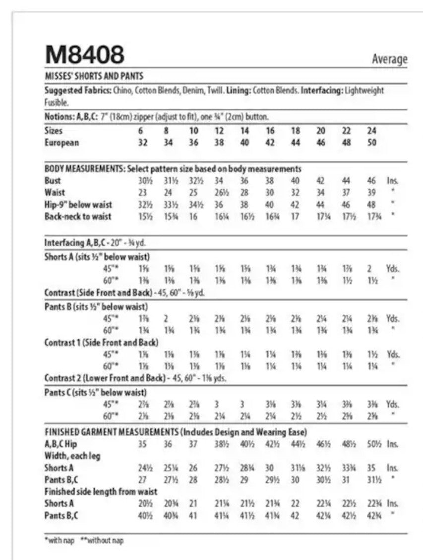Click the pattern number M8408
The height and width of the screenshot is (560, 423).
click(84, 54)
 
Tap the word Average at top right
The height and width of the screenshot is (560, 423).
click(390, 59)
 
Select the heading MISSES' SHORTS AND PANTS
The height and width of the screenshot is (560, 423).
click(94, 77)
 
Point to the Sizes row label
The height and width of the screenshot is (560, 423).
click(54, 131)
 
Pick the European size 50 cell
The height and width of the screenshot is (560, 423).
click(372, 143)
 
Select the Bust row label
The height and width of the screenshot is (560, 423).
click(53, 181)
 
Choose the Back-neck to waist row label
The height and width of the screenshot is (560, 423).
click(78, 216)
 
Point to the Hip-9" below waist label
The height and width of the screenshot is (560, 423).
click(78, 204)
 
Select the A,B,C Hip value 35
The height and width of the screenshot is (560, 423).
click(143, 444)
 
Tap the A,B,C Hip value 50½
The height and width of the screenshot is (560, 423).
click(372, 444)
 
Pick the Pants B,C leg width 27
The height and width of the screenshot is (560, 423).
click(143, 480)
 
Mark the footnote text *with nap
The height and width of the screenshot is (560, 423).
click(59, 541)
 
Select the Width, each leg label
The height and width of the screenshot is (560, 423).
click(72, 456)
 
